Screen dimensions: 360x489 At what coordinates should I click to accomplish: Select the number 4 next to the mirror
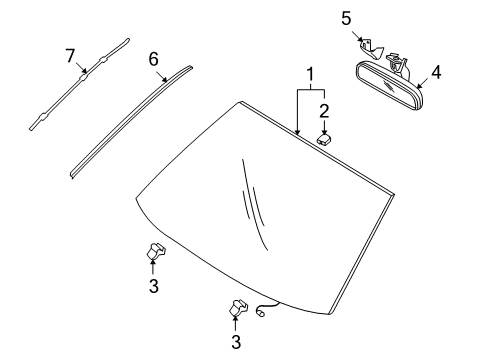point(435,72)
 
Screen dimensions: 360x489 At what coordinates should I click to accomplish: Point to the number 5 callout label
point(346,18)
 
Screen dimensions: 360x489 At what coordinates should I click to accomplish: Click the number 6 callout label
point(154,59)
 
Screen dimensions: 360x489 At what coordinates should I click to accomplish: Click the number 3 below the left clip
point(153,287)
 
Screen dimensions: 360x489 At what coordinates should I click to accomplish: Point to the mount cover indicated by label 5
point(369,46)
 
